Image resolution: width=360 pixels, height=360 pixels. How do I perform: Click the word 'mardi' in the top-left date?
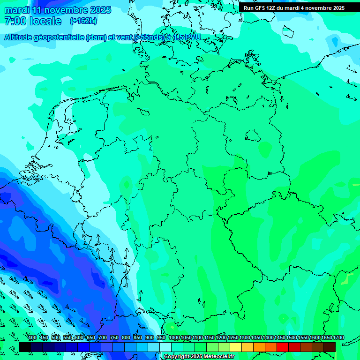pyautogui.click(x=16, y=10)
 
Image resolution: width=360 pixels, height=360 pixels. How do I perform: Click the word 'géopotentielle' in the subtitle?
pyautogui.click(x=57, y=37)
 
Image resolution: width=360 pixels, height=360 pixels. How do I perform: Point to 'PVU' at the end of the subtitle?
pyautogui.click(x=193, y=37)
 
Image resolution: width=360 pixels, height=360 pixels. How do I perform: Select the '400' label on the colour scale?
pyautogui.click(x=32, y=337)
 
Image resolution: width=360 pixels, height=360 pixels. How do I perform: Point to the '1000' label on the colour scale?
pyautogui.click(x=174, y=337)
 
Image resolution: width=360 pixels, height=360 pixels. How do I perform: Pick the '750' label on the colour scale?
pyautogui.click(x=114, y=337)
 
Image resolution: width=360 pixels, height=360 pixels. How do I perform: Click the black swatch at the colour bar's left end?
pyautogui.click(x=25, y=347)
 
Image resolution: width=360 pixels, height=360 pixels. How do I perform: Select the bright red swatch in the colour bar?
pyautogui.click(x=283, y=347)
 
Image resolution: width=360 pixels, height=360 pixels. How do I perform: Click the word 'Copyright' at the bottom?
pyautogui.click(x=177, y=357)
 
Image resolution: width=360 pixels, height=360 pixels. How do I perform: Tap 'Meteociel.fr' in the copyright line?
pyautogui.click(x=218, y=357)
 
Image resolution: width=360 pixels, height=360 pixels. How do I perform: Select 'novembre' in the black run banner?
pyautogui.click(x=319, y=8)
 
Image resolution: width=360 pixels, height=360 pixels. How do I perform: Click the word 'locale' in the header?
pyautogui.click(x=45, y=21)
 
